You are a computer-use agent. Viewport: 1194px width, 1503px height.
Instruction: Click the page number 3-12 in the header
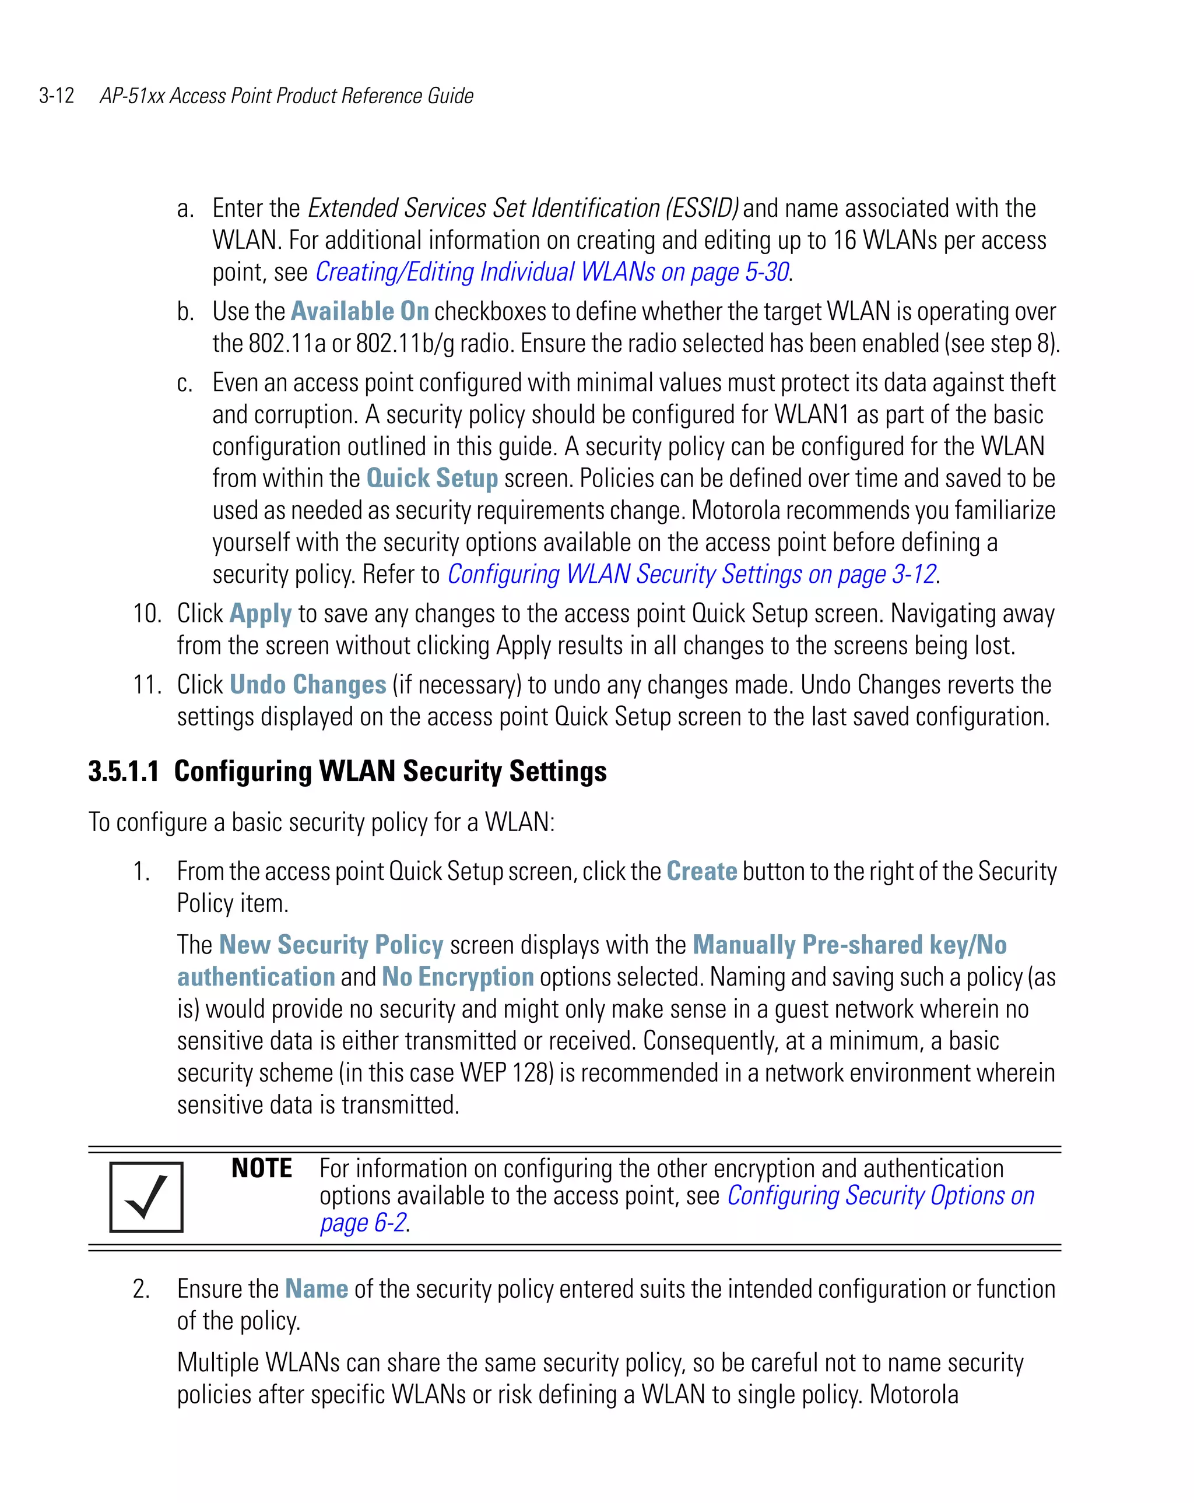coord(57,96)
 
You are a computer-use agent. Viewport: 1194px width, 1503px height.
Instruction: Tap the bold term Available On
coord(359,311)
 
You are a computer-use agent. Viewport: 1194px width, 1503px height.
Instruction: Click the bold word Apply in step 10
coord(260,614)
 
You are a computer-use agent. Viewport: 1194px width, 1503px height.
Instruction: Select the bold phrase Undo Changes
coord(308,685)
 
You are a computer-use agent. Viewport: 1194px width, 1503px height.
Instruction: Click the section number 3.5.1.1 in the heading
coord(124,771)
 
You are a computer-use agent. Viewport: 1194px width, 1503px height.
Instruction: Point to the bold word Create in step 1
coord(701,871)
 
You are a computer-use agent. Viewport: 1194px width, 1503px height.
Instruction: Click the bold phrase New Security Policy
coord(331,945)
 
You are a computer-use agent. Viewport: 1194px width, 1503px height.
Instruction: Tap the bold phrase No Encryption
coord(458,977)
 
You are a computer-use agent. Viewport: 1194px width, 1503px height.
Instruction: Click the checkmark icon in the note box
coord(146,1197)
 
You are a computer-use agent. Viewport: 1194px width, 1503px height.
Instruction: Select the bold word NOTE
coord(262,1168)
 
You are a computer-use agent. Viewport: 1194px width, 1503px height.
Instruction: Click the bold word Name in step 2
coord(316,1289)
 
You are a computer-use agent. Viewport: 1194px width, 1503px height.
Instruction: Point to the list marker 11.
coord(147,685)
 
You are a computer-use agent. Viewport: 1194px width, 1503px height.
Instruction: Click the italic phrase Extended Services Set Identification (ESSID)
coord(522,207)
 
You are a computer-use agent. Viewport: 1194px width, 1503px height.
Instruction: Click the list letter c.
coord(184,383)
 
